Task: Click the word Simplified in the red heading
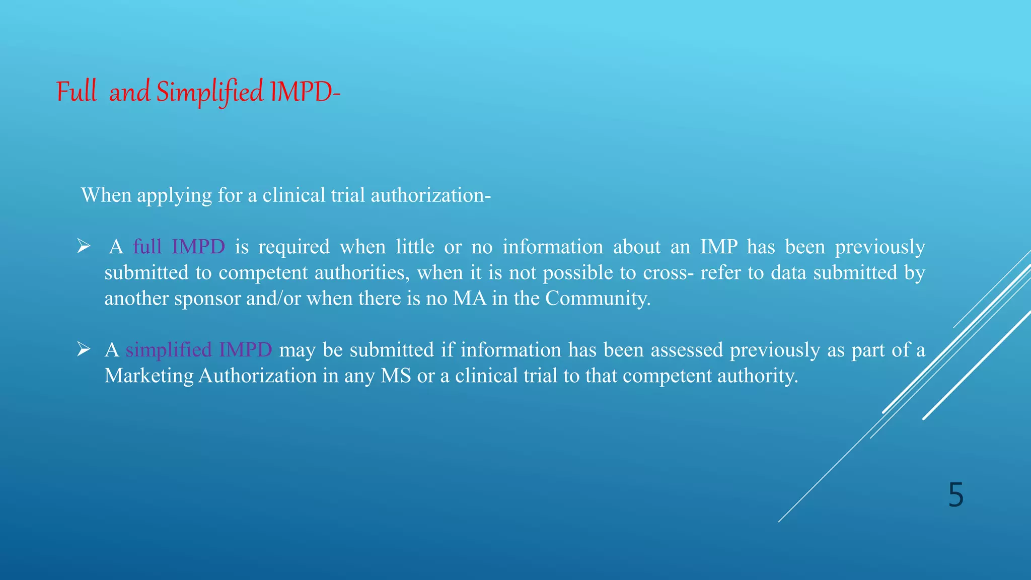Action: [x=209, y=92]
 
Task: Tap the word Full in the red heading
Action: [x=76, y=92]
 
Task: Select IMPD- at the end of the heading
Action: [x=305, y=92]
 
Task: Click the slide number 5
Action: [x=955, y=495]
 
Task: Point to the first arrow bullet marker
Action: [x=83, y=247]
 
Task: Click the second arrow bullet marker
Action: [x=83, y=349]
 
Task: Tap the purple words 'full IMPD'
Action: [x=179, y=247]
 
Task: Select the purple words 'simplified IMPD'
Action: [x=199, y=349]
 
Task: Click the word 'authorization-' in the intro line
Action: [x=430, y=195]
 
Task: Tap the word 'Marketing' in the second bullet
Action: [x=149, y=376]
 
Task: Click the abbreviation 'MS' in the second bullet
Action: [x=396, y=376]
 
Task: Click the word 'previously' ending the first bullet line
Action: [x=880, y=247]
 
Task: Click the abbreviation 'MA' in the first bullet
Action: [x=470, y=299]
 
